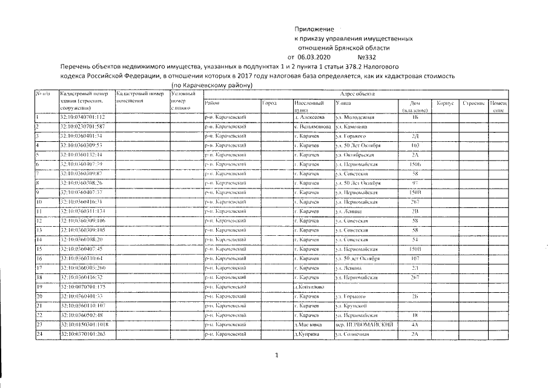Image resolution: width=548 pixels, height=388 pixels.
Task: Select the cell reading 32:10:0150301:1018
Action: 85,325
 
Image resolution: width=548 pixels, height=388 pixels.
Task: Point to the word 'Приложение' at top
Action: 314,29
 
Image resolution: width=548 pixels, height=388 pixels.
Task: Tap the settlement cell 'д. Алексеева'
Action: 310,116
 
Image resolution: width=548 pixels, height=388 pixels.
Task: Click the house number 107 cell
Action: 415,259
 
